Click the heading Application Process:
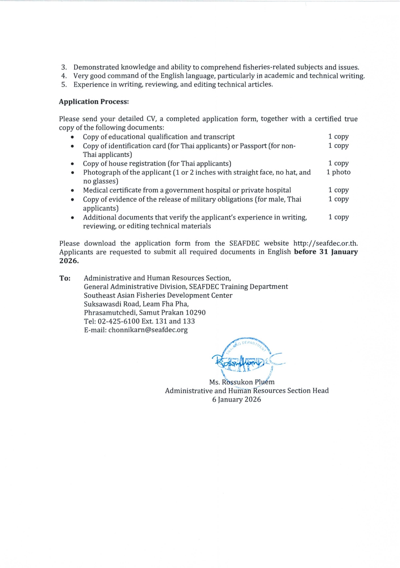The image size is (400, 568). [94, 102]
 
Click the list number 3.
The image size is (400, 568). [64, 67]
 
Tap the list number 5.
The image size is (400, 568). [64, 85]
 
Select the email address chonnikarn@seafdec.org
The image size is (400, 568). [148, 330]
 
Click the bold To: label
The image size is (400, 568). [65, 278]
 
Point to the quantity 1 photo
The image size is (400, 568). [338, 172]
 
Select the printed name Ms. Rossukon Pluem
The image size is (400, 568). [242, 382]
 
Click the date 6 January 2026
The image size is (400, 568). [236, 399]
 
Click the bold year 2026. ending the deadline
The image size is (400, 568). [69, 261]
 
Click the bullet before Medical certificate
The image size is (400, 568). [72, 190]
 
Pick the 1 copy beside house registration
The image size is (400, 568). [338, 163]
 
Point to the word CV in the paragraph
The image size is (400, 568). [151, 119]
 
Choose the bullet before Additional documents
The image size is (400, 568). [72, 217]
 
